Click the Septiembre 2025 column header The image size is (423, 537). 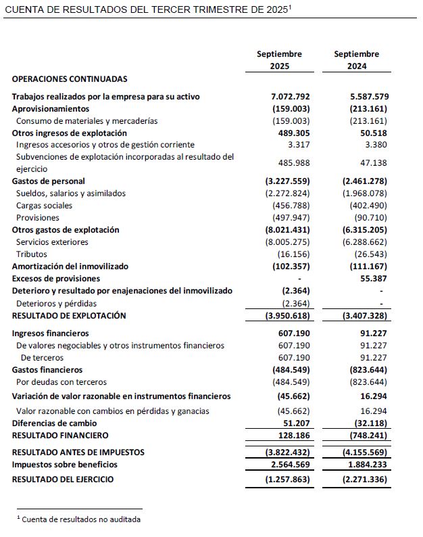(x=279, y=60)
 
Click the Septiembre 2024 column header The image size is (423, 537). (x=356, y=60)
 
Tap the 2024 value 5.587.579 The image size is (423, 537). (x=366, y=97)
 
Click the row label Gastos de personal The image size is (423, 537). (x=49, y=181)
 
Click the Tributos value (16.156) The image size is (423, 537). (x=293, y=254)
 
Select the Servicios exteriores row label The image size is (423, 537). (x=52, y=242)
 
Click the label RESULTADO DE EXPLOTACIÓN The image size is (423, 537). (x=69, y=316)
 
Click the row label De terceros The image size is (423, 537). (x=42, y=358)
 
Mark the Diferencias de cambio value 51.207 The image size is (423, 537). (x=296, y=423)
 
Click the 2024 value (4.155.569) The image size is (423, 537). (x=364, y=452)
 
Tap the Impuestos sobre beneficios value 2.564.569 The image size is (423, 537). (x=289, y=465)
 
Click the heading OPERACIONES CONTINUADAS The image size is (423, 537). (x=70, y=79)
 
